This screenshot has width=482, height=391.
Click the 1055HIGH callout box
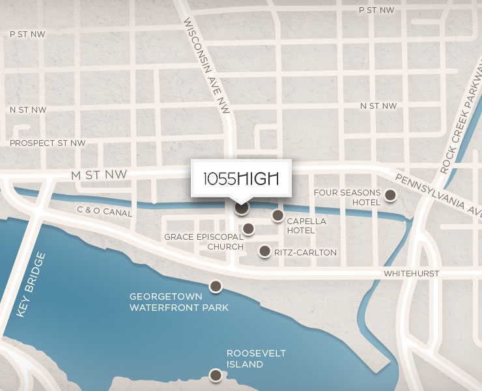click(x=241, y=178)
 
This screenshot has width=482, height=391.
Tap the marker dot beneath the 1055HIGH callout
click(x=242, y=207)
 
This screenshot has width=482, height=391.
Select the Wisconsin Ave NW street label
click(x=207, y=58)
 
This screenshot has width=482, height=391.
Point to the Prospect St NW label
click(x=48, y=143)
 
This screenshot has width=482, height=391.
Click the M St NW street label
click(x=98, y=175)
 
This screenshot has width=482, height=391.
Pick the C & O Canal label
click(x=104, y=212)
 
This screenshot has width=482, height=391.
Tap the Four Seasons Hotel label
click(x=347, y=197)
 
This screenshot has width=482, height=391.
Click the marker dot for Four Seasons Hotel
click(x=390, y=195)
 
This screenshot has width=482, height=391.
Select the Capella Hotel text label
click(x=306, y=225)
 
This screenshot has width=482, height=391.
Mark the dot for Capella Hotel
click(x=278, y=215)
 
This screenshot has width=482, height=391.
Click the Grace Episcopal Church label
click(x=203, y=242)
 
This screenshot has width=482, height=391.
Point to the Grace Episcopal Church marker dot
click(x=248, y=228)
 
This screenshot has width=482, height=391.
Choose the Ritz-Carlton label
click(x=305, y=252)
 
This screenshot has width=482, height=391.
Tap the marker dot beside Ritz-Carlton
click(x=264, y=251)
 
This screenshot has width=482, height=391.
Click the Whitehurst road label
click(x=412, y=273)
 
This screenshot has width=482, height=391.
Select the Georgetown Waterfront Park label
click(x=179, y=302)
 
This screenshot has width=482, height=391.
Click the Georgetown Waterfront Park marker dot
click(x=215, y=285)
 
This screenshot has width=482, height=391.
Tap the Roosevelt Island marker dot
click(x=214, y=375)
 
